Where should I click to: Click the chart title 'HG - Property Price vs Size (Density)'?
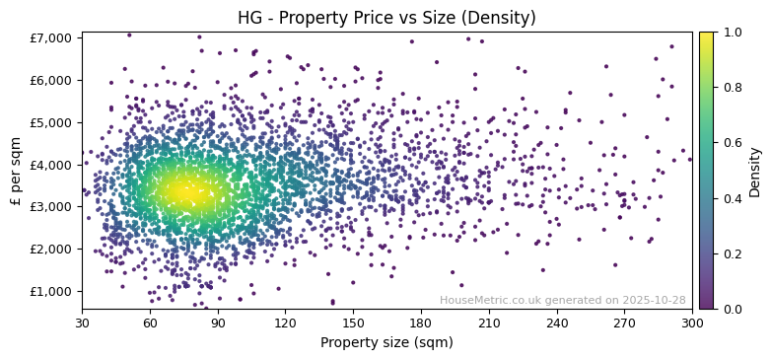[386, 18]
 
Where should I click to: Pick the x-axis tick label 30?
[82, 323]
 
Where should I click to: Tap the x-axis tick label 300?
[692, 323]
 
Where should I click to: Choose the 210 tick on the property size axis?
[489, 323]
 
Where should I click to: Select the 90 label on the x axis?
[218, 323]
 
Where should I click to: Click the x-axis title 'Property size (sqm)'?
[386, 342]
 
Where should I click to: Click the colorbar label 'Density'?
[754, 171]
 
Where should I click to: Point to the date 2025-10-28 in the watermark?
[653, 300]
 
